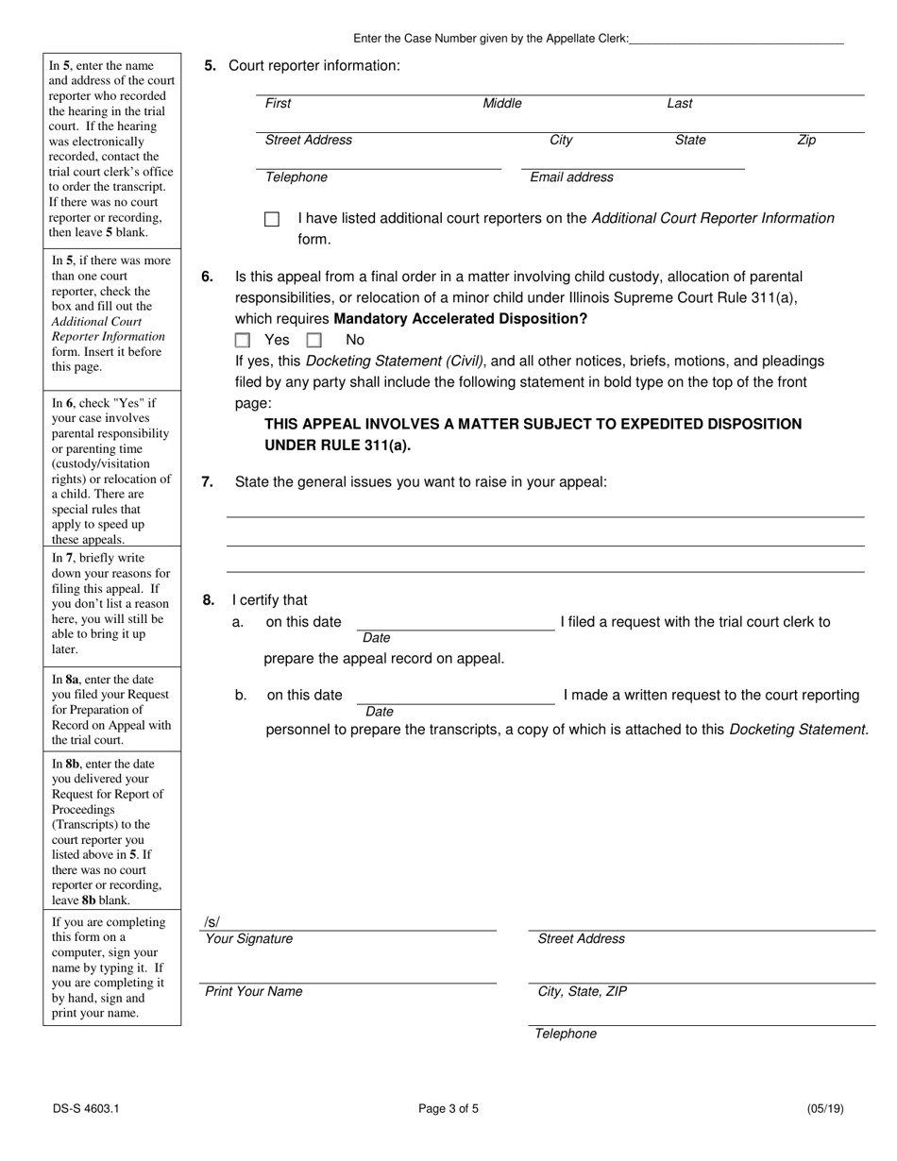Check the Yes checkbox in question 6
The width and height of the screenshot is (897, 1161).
coord(243,340)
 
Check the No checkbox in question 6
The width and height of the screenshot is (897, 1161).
coord(314,340)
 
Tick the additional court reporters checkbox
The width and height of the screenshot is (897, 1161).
coord(272,219)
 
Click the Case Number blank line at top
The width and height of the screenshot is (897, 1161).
coord(736,39)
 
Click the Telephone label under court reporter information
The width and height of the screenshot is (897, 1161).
coord(296,177)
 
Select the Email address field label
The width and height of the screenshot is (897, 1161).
coord(571,177)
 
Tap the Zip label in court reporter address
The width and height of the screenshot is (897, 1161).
coord(806,140)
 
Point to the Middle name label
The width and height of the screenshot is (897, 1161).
coord(502,104)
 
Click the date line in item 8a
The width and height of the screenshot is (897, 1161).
coord(455,624)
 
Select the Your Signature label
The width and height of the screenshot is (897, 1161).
coord(249,939)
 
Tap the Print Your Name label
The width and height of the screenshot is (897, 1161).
coord(254,991)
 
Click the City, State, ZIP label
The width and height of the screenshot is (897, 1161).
coord(581,991)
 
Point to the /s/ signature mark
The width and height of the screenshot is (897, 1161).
coord(211,922)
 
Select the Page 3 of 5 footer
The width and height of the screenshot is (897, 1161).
coord(448,1109)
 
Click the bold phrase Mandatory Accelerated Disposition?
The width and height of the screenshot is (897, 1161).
coord(461,319)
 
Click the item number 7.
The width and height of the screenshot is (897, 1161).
coord(207,482)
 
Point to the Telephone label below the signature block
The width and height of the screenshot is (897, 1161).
coord(566,1034)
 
